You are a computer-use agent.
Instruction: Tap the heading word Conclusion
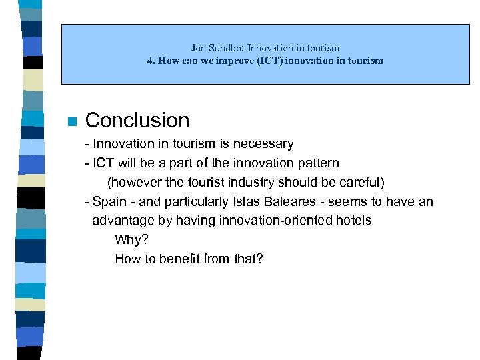[137, 120]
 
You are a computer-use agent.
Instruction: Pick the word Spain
[109, 202]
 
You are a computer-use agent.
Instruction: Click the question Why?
[131, 240]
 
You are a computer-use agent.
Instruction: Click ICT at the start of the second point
[104, 163]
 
